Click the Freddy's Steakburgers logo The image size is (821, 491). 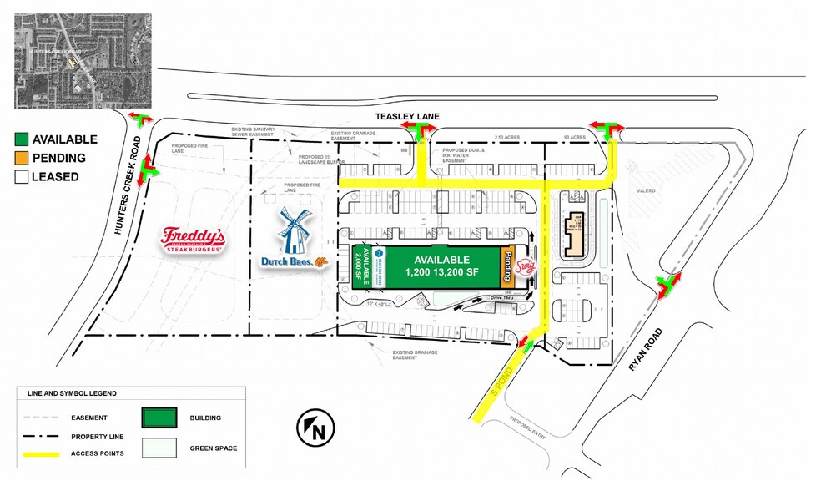pos(192,240)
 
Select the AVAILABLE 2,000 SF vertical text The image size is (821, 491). pos(361,267)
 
